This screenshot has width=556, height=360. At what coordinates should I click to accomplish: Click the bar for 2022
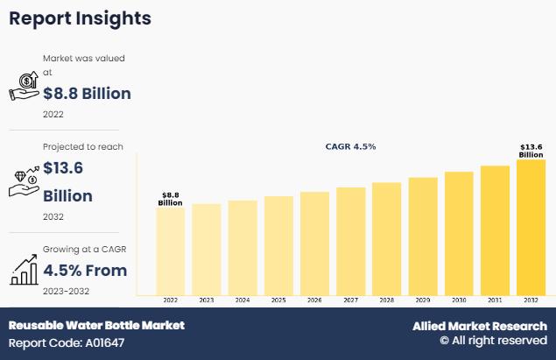pyautogui.click(x=171, y=251)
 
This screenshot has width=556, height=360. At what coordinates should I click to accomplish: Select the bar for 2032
pyautogui.click(x=531, y=227)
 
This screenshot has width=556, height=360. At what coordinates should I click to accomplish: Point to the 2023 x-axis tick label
pyautogui.click(x=207, y=300)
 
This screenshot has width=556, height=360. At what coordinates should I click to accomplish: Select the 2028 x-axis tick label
pyautogui.click(x=386, y=300)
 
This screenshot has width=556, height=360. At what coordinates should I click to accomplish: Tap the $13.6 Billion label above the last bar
pyautogui.click(x=531, y=151)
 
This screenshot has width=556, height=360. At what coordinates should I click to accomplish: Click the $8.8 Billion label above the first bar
pyautogui.click(x=170, y=199)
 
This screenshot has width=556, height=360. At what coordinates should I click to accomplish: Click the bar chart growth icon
pyautogui.click(x=24, y=270)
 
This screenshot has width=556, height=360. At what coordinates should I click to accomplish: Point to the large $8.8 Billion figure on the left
pyautogui.click(x=87, y=94)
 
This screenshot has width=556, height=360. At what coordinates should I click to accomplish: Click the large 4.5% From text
pyautogui.click(x=85, y=270)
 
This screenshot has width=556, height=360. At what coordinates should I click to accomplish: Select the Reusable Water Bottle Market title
pyautogui.click(x=96, y=325)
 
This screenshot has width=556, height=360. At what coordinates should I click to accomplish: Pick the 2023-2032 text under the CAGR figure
pyautogui.click(x=67, y=291)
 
